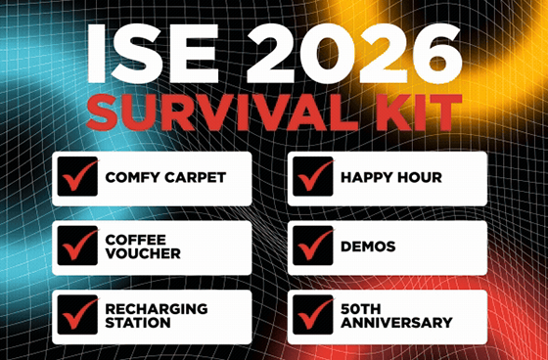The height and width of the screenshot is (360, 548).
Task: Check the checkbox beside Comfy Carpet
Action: pyautogui.click(x=77, y=179)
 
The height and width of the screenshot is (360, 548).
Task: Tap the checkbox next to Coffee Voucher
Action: pyautogui.click(x=77, y=247)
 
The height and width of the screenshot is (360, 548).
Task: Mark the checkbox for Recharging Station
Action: pyautogui.click(x=77, y=316)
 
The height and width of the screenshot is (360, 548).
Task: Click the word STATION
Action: pyautogui.click(x=137, y=323)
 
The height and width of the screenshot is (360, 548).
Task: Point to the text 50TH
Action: pyautogui.click(x=359, y=308)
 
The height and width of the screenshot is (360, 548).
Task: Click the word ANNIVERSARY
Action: pyautogui.click(x=396, y=323)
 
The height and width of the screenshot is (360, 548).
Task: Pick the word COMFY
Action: pyautogui.click(x=129, y=179)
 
